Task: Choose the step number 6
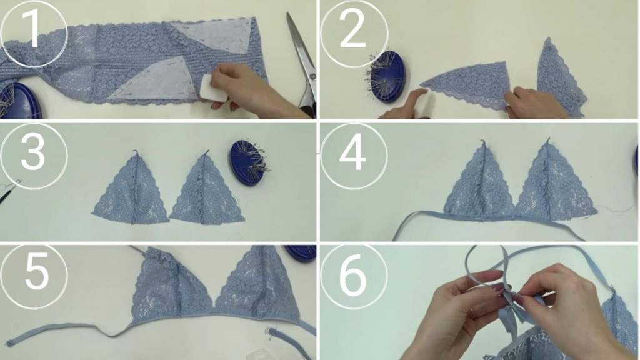click(354, 275)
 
